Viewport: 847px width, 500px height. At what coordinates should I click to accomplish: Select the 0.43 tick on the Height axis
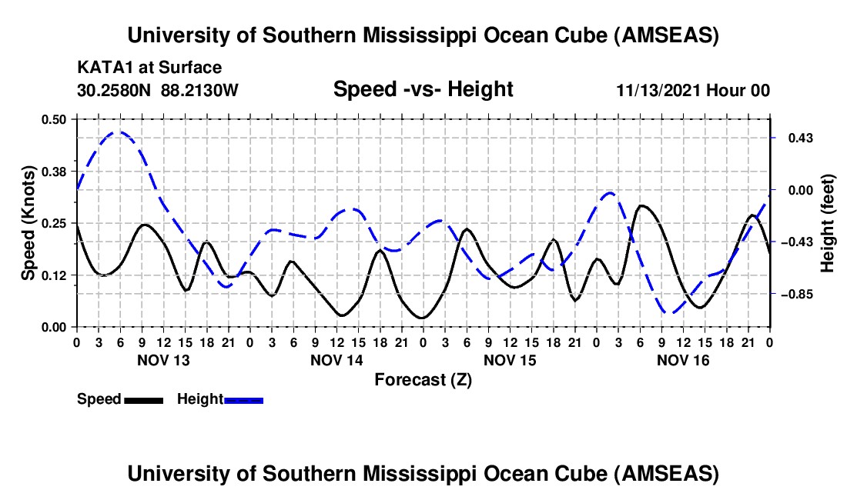pos(793,138)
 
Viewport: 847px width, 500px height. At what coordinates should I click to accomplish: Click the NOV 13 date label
pos(163,360)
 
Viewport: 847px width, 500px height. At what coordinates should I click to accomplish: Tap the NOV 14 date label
pos(336,360)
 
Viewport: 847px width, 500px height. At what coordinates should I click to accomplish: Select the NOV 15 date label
pos(510,360)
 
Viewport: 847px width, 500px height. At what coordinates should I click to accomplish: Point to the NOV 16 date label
pos(683,360)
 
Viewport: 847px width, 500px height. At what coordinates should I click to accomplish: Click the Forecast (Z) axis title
pos(423,379)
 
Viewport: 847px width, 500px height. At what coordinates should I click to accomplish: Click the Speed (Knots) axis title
pos(28,222)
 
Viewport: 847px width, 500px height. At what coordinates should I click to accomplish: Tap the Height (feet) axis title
pos(828,223)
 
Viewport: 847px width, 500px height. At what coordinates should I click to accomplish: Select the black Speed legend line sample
pos(143,400)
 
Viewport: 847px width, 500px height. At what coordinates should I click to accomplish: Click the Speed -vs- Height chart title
pos(423,90)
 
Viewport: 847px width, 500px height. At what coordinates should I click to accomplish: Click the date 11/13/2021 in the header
pos(661,91)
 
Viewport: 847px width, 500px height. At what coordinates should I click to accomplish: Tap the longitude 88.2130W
pos(200,91)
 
